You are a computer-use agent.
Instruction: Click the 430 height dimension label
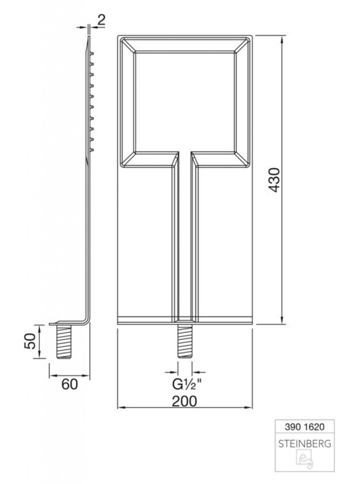274,180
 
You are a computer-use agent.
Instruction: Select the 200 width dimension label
184,401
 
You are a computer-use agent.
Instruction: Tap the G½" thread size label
186,385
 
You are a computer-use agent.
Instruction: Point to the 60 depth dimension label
70,384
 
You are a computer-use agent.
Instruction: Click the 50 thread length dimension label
30,341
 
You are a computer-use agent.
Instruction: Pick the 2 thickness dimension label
101,20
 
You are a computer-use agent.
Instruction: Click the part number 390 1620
304,427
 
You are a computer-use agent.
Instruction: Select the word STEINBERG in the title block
304,444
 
